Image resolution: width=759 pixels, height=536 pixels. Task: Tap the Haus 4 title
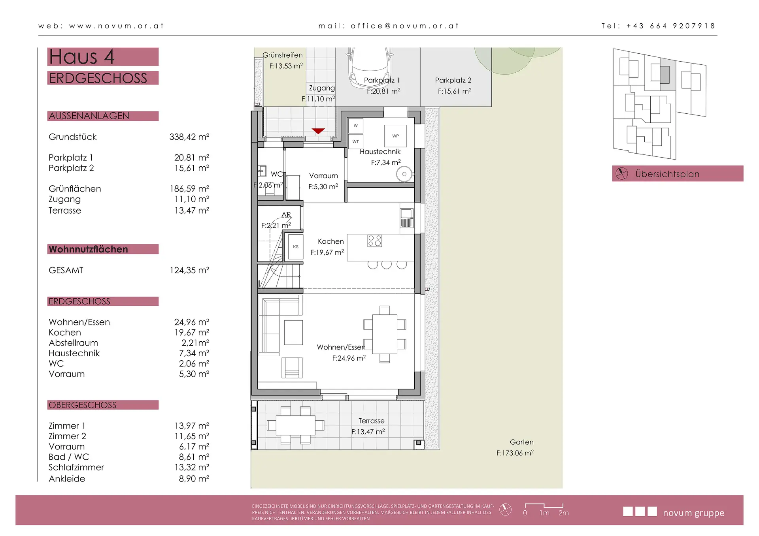click(82, 56)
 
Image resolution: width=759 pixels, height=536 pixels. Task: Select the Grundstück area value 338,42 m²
click(189, 137)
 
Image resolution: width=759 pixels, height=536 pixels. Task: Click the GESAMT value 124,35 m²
click(189, 271)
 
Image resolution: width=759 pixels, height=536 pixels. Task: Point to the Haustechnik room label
click(380, 152)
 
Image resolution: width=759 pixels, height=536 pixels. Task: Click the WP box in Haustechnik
click(396, 136)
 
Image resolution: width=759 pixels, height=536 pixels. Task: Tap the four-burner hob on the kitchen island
click(375, 241)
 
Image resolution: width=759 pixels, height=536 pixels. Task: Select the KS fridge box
click(296, 247)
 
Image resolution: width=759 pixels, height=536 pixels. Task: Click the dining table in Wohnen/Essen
click(385, 334)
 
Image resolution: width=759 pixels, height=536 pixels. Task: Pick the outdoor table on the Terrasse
click(296, 425)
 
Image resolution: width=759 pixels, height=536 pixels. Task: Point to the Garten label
click(521, 442)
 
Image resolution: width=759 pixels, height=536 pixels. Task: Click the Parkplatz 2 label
click(453, 80)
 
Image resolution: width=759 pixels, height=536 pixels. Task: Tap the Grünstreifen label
click(283, 55)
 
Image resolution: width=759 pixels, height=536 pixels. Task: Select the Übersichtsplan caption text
click(667, 174)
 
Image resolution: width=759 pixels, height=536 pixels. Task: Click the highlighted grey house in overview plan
click(665, 75)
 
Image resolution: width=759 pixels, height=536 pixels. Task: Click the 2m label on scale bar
click(564, 513)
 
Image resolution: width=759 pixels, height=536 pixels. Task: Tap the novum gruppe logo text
click(693, 513)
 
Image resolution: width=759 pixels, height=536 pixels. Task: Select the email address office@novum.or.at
click(405, 26)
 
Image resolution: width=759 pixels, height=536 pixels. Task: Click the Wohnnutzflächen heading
click(88, 249)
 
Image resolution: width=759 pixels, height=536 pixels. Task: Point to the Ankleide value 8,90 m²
click(194, 479)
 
